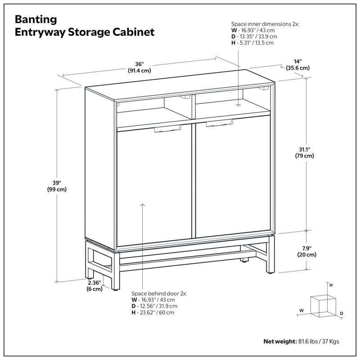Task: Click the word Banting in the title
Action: [x=36, y=20]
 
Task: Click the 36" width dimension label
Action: [x=139, y=67]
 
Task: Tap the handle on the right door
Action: [x=220, y=123]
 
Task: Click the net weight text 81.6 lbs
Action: [x=310, y=341]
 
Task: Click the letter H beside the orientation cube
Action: [x=331, y=285]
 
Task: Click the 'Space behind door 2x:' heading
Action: [x=158, y=293]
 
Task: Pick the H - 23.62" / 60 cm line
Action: [x=153, y=312]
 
